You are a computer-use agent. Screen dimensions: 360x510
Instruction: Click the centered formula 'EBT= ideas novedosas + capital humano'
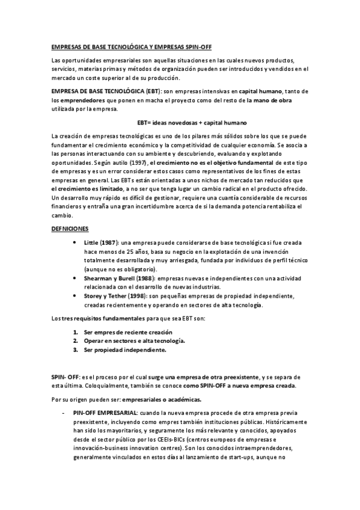180,122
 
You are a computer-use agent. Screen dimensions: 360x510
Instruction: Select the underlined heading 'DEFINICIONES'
70,229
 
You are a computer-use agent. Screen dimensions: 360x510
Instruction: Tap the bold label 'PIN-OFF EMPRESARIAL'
106,413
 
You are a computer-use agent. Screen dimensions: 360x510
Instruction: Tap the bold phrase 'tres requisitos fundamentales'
94,318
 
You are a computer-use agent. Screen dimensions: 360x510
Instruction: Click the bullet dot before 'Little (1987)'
74,242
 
